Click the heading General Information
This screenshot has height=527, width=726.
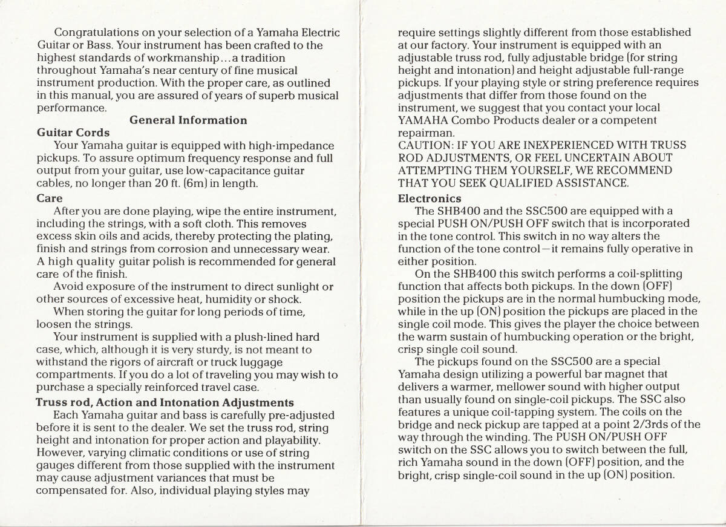click(x=188, y=120)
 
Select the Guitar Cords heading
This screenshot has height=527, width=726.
click(x=73, y=133)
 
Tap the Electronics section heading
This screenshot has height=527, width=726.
click(x=430, y=198)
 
